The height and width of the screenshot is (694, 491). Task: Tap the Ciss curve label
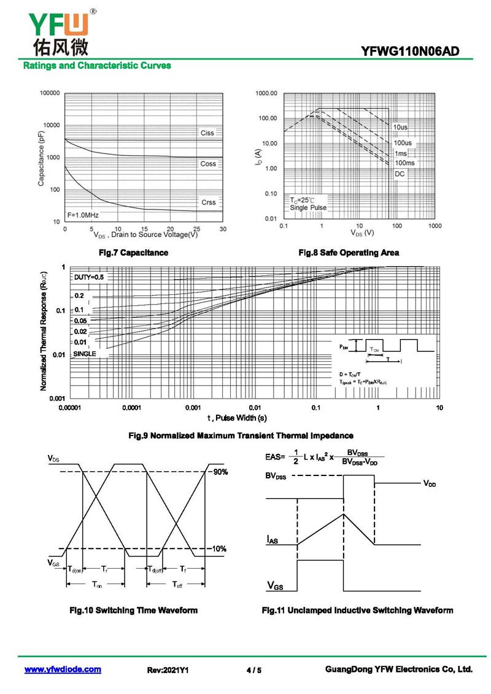pyautogui.click(x=207, y=133)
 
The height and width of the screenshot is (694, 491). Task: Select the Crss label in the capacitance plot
pyautogui.click(x=208, y=202)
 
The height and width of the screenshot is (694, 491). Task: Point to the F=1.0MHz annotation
pyautogui.click(x=83, y=215)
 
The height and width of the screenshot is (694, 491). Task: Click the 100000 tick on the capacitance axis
pyautogui.click(x=50, y=93)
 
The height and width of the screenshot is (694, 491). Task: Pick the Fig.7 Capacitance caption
pyautogui.click(x=134, y=252)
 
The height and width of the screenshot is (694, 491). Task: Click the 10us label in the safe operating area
pyautogui.click(x=401, y=127)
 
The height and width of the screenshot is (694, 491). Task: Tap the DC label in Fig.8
pyautogui.click(x=400, y=174)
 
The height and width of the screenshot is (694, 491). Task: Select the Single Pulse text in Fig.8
pyautogui.click(x=308, y=208)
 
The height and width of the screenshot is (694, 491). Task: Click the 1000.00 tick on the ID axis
pyautogui.click(x=267, y=93)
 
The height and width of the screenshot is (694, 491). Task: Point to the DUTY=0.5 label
pyautogui.click(x=89, y=278)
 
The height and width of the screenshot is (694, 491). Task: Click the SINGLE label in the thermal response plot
pyautogui.click(x=85, y=354)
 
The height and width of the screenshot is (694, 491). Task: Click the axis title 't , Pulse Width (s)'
pyautogui.click(x=237, y=418)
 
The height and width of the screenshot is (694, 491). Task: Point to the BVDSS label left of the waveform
pyautogui.click(x=276, y=476)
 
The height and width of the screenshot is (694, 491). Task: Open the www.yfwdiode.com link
pyautogui.click(x=63, y=669)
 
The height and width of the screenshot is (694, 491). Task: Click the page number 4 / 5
pyautogui.click(x=253, y=670)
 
